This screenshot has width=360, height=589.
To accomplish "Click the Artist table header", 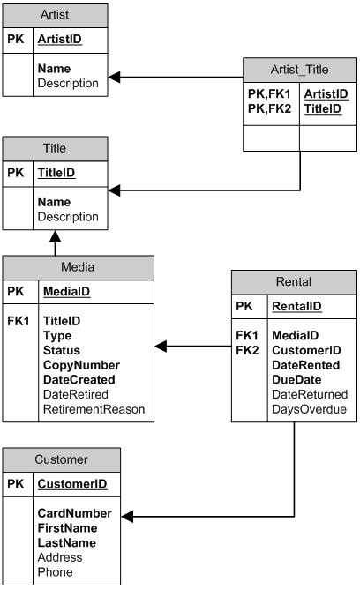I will pyautogui.click(x=56, y=15).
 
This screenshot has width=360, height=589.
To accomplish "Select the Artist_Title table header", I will pyautogui.click(x=299, y=70).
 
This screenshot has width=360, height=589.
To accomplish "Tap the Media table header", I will pyautogui.click(x=78, y=267).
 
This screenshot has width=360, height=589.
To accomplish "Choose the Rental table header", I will pyautogui.click(x=294, y=282).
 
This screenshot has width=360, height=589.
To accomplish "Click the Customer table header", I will pyautogui.click(x=61, y=459).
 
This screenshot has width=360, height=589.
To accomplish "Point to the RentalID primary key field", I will pyautogui.click(x=296, y=307).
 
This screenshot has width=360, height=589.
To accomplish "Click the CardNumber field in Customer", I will pyautogui.click(x=74, y=513).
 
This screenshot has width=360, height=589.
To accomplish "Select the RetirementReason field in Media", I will pyautogui.click(x=94, y=409).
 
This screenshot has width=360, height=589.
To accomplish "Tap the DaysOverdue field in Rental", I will pyautogui.click(x=309, y=409).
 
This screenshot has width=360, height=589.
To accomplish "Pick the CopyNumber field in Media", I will pyautogui.click(x=79, y=364).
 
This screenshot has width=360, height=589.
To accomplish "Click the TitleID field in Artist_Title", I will pyautogui.click(x=325, y=108).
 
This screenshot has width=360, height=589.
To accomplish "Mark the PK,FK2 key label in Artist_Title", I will pyautogui.click(x=268, y=108).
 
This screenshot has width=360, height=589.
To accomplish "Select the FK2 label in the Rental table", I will pyautogui.click(x=246, y=350).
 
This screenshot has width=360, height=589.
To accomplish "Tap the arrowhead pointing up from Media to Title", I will pyautogui.click(x=55, y=236).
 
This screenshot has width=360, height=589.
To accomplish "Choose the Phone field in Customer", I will pyautogui.click(x=54, y=572).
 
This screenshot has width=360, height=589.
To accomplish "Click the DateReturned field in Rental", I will pyautogui.click(x=310, y=394).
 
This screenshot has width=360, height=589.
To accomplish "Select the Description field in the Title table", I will pyautogui.click(x=68, y=217).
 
